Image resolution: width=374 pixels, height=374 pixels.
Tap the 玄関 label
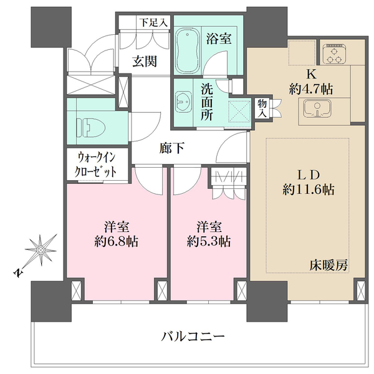click(144, 61)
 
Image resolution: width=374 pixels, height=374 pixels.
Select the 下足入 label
click(153, 22)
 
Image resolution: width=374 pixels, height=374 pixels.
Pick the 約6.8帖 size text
click(117, 241)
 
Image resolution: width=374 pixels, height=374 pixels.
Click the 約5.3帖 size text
click(208, 241)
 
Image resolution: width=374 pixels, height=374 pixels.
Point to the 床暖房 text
click(327, 265)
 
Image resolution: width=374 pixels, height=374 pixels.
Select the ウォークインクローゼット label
click(96, 165)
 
